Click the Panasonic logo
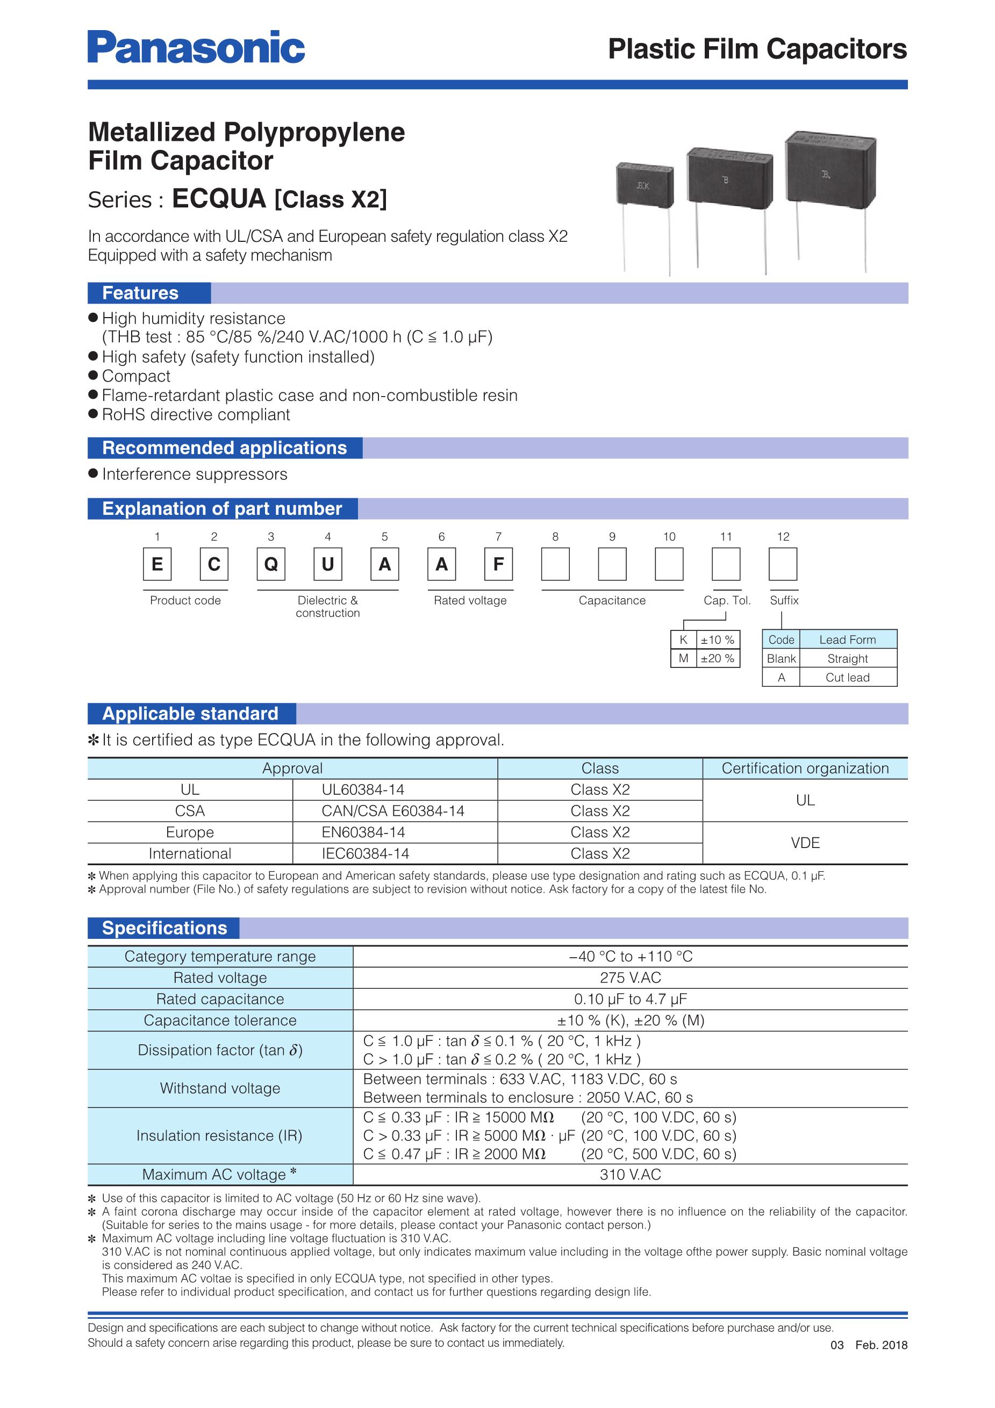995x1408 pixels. [196, 47]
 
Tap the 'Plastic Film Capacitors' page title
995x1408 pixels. [757, 49]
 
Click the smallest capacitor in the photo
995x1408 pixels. [644, 184]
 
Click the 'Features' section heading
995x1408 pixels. [140, 293]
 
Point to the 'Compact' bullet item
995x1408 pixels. [136, 376]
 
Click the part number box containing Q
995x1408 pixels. [271, 564]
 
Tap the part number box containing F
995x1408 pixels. [498, 564]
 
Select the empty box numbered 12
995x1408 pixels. [783, 564]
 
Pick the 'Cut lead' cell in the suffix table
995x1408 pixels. [847, 677]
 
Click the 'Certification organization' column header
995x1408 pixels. [805, 768]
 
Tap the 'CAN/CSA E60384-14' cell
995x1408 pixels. [393, 811]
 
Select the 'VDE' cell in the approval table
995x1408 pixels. [805, 843]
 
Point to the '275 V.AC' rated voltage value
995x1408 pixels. [630, 978]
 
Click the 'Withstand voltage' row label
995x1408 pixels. [220, 1088]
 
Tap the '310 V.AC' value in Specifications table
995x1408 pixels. [630, 1174]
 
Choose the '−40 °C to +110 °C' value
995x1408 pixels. [630, 956]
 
